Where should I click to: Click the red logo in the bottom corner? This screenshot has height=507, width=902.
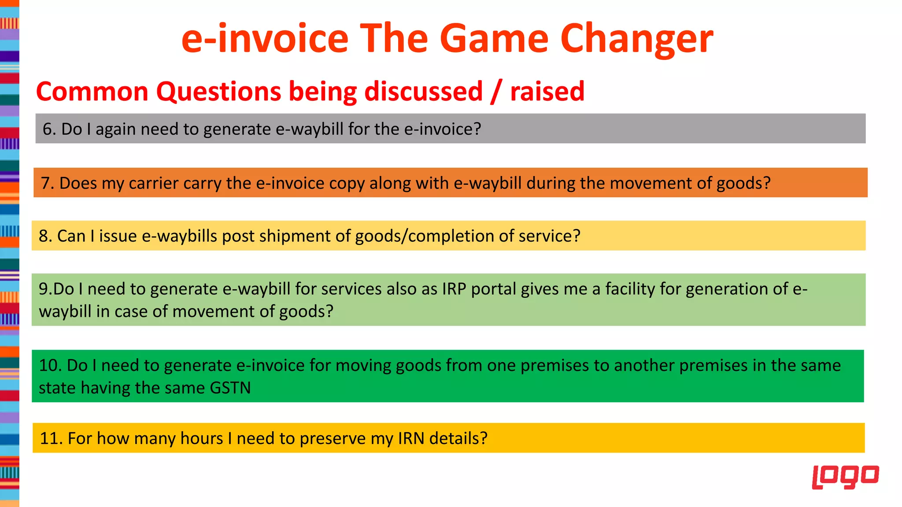845,477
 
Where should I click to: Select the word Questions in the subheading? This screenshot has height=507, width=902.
218,92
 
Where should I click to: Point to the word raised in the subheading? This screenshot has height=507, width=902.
547,92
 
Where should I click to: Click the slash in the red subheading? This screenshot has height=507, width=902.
496,92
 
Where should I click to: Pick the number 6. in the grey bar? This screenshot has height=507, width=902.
49,129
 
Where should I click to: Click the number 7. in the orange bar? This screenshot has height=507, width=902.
47,183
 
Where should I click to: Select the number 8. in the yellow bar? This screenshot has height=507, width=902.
45,236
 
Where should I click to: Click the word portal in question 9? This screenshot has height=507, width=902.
494,289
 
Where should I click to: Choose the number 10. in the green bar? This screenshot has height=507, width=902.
50,366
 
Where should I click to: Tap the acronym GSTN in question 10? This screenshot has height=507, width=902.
230,388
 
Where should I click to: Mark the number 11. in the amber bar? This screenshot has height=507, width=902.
51,439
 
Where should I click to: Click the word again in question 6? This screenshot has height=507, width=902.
115,129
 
